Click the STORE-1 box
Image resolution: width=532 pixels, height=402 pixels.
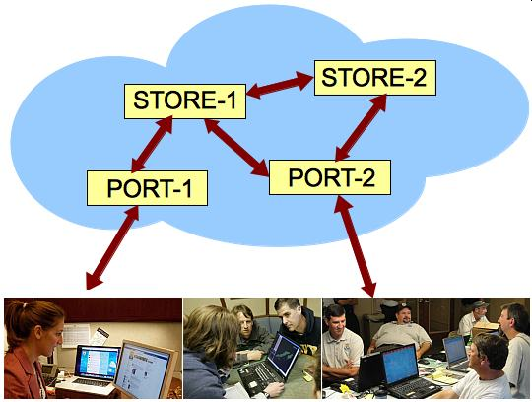click(185, 101)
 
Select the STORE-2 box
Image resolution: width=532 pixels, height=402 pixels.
click(375, 78)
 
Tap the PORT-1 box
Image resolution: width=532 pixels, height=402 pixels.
click(147, 188)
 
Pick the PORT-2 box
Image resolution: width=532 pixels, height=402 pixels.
click(330, 177)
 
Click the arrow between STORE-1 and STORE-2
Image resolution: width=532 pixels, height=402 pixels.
click(280, 85)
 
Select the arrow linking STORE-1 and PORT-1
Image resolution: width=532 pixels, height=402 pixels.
click(152, 144)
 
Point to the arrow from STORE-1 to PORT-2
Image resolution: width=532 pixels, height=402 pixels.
click(236, 148)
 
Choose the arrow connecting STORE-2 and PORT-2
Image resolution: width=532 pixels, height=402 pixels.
click(361, 127)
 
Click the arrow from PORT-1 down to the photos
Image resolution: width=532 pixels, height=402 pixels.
click(112, 247)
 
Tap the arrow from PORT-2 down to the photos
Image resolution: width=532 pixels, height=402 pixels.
click(356, 246)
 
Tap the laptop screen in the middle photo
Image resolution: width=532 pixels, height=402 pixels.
click(283, 355)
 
